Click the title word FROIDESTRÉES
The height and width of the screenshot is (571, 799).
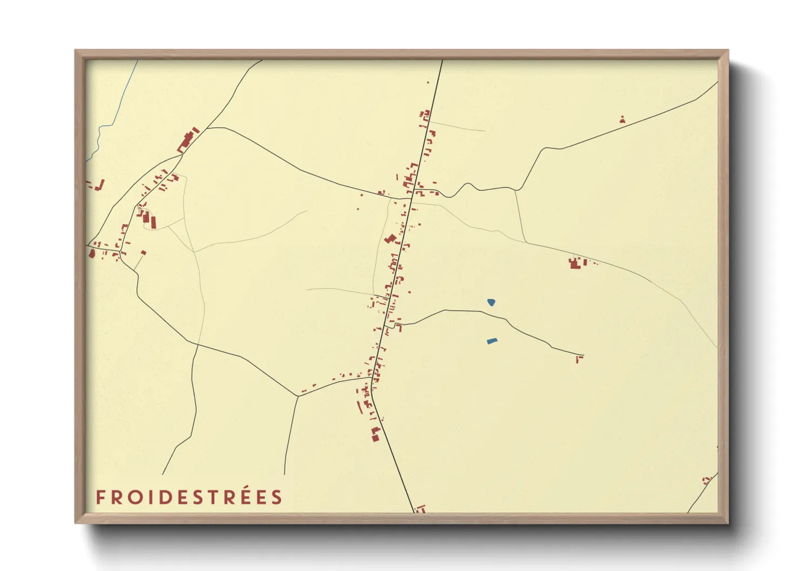pyautogui.click(x=189, y=497)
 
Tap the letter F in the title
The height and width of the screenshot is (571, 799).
pyautogui.click(x=100, y=497)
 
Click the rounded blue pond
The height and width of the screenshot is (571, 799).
pyautogui.click(x=491, y=302)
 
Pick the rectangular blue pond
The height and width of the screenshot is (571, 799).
pyautogui.click(x=491, y=341)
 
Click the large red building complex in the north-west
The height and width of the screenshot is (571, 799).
pyautogui.click(x=187, y=140)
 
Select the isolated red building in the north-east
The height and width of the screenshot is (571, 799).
pyautogui.click(x=622, y=120)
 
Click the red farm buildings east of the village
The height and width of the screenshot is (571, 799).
pyautogui.click(x=576, y=263)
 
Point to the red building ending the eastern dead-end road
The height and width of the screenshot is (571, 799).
pyautogui.click(x=579, y=358)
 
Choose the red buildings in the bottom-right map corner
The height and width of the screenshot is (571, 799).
pyautogui.click(x=707, y=480)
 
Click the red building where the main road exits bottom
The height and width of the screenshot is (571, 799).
pyautogui.click(x=421, y=508)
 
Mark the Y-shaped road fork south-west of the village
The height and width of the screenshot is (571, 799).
pyautogui.click(x=298, y=396)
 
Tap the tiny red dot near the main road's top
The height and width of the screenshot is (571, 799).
pyautogui.click(x=428, y=82)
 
